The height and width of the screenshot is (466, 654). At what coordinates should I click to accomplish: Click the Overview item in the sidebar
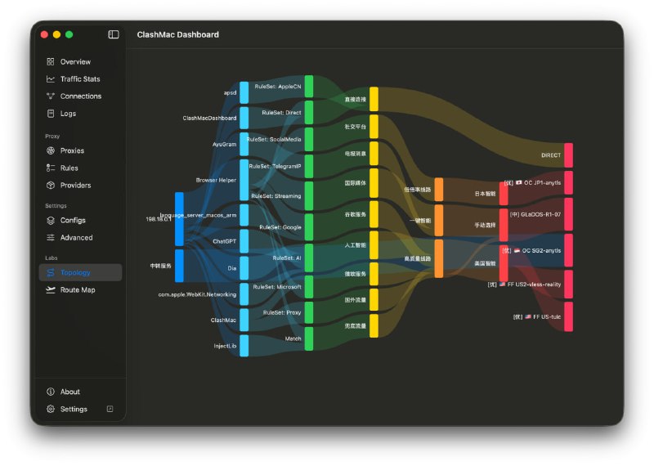pyautogui.click(x=74, y=62)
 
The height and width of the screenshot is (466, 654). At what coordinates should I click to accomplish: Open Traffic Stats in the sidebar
pyautogui.click(x=79, y=79)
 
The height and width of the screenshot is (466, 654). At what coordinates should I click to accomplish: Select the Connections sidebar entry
pyautogui.click(x=80, y=96)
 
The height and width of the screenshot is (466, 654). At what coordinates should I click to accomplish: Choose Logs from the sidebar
pyautogui.click(x=68, y=114)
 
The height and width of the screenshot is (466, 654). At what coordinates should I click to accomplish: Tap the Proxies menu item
pyautogui.click(x=72, y=151)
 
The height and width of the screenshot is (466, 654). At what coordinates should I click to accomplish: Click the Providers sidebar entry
pyautogui.click(x=75, y=186)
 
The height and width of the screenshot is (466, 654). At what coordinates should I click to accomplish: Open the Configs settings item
pyautogui.click(x=73, y=221)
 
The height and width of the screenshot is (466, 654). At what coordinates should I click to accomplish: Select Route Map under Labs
pyautogui.click(x=77, y=290)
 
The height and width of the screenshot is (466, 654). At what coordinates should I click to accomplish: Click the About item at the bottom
pyautogui.click(x=69, y=392)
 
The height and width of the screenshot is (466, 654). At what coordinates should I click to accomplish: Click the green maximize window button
pyautogui.click(x=69, y=34)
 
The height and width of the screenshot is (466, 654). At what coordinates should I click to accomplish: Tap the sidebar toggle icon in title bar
pyautogui.click(x=114, y=34)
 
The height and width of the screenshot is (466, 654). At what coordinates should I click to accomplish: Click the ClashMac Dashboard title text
pyautogui.click(x=177, y=35)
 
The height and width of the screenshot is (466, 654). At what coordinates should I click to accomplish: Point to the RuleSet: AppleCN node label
pyautogui.click(x=278, y=86)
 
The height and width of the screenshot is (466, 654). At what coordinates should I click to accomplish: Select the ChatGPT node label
pyautogui.click(x=224, y=242)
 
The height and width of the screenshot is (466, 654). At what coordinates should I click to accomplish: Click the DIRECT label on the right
pyautogui.click(x=551, y=155)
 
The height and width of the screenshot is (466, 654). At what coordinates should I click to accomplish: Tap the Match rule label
pyautogui.click(x=293, y=338)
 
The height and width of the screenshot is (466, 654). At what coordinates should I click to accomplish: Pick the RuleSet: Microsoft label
pyautogui.click(x=277, y=287)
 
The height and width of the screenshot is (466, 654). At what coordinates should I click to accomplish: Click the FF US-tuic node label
pyautogui.click(x=537, y=316)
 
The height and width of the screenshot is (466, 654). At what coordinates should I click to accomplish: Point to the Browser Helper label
pyautogui.click(x=216, y=180)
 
